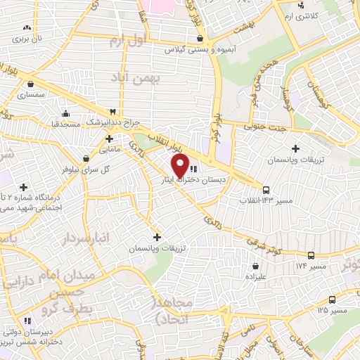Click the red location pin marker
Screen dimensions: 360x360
[180, 166]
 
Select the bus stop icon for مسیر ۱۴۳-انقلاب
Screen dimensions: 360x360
[265, 189]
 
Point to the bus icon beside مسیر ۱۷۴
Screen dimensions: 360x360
[311, 255]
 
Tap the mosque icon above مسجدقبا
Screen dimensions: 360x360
[66, 113]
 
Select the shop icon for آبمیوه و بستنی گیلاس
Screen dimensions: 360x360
[201, 39]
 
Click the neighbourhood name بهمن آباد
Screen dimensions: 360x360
[160, 81]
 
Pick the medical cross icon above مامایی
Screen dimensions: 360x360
[109, 139]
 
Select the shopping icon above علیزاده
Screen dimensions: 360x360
[255, 266]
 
